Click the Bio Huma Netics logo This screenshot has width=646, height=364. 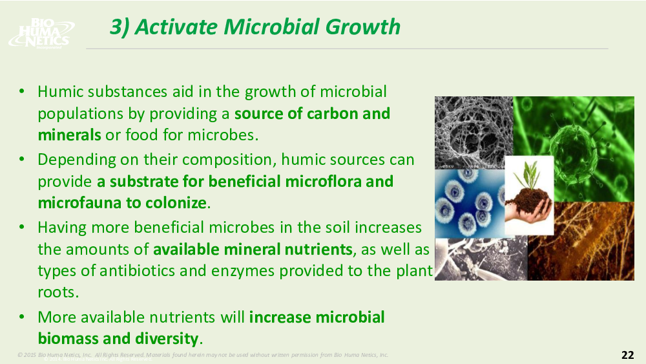click(x=41, y=33)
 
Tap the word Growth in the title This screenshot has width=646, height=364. click(x=362, y=27)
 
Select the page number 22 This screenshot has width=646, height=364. click(x=627, y=355)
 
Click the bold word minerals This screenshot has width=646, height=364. click(x=69, y=134)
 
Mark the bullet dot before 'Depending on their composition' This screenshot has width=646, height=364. click(x=22, y=160)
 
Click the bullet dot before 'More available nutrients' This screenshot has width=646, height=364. click(x=22, y=317)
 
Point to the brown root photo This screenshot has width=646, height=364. click(x=581, y=241)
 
